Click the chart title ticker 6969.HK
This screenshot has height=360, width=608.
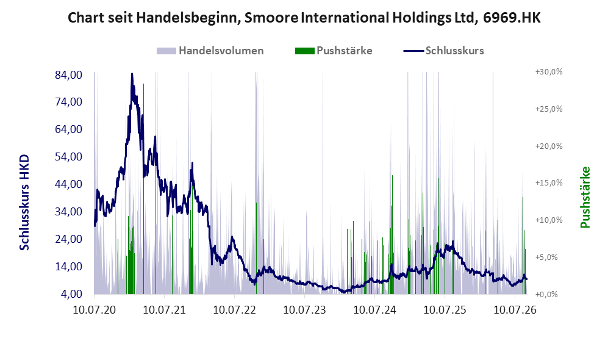512,18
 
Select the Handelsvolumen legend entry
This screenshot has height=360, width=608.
210,51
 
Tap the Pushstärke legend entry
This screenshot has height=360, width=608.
334,51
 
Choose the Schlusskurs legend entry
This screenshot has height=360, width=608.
443,51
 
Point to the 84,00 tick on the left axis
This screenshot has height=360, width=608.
69,74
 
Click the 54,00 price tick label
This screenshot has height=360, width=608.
69,157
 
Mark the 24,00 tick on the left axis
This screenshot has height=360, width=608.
69,239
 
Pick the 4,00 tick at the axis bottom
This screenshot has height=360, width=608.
71,294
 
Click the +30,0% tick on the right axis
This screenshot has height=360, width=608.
549,72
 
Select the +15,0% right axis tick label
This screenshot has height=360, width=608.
549,182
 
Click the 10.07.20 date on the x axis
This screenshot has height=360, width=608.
95,310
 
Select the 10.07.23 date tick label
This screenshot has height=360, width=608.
305,310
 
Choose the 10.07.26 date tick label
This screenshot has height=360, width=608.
515,310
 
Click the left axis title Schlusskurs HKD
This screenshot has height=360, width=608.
24,203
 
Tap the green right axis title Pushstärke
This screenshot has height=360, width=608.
585,197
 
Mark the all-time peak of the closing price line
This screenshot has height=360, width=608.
132,74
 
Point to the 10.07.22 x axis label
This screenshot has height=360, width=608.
235,310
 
